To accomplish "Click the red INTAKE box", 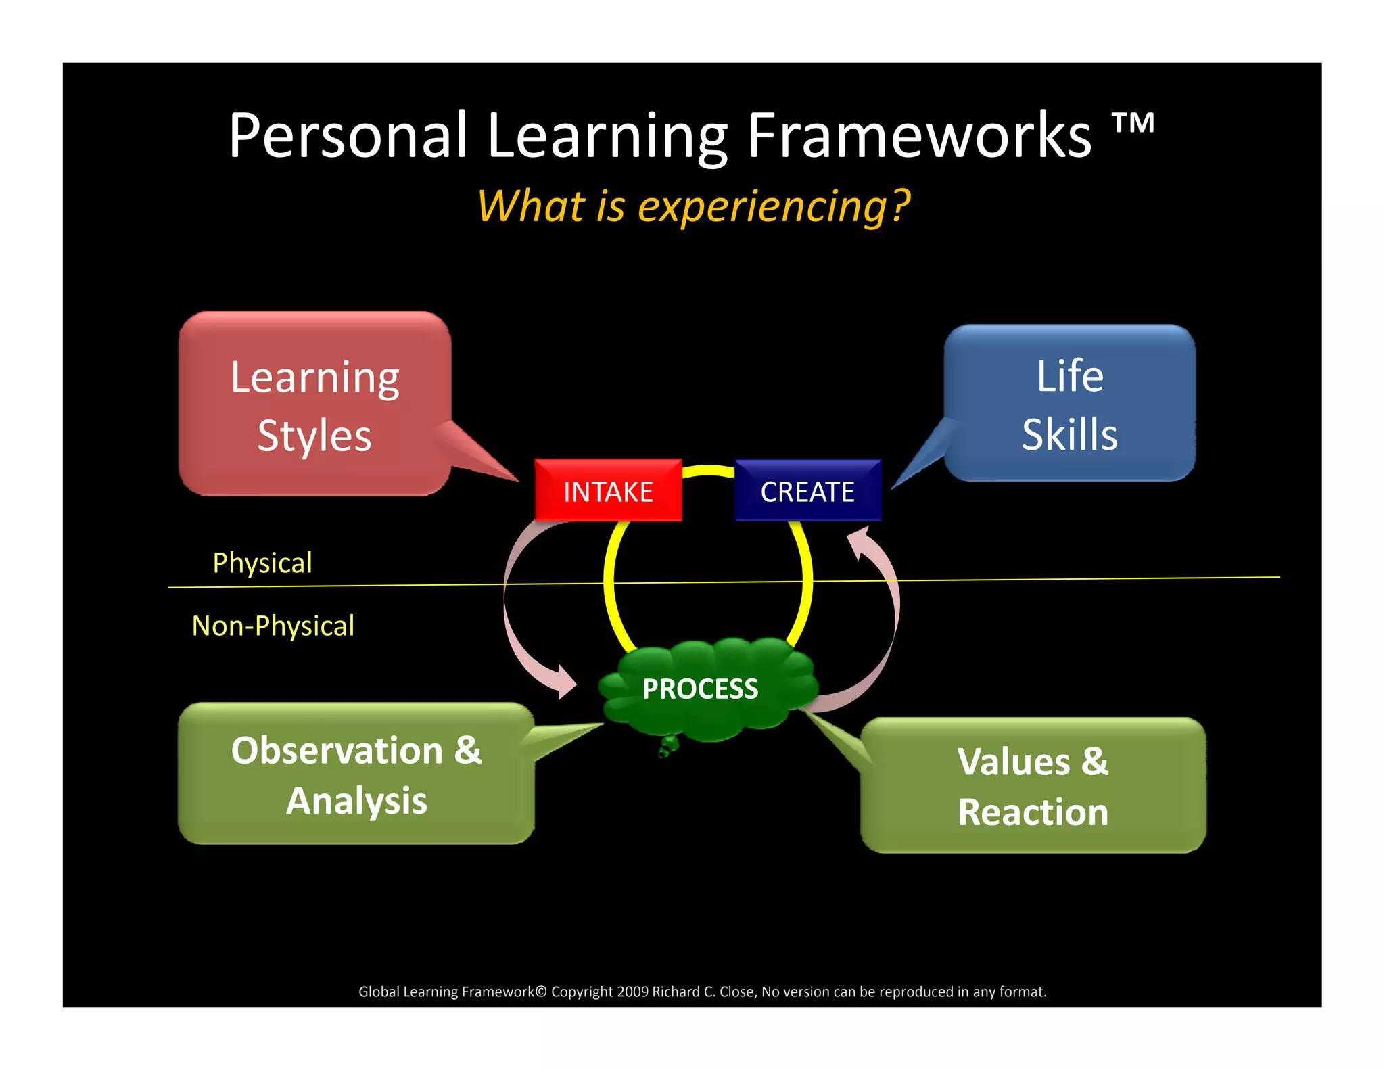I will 607,491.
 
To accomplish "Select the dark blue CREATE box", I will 807,491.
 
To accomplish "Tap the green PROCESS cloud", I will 700,689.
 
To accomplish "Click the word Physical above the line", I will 262,563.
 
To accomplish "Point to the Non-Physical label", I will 273,626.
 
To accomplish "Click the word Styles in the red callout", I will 314,435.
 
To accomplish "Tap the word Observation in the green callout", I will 337,750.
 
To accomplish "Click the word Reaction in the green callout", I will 1033,812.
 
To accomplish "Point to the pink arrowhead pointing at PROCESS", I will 563,682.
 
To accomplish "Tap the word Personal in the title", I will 348,135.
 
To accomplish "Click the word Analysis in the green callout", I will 356,801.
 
